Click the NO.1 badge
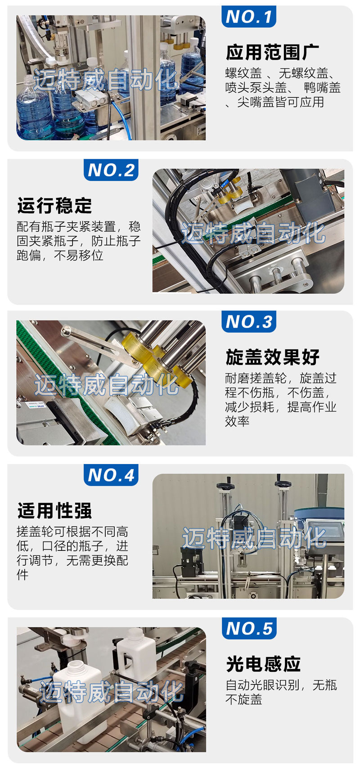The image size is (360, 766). pyautogui.click(x=248, y=16)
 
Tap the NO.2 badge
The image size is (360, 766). pyautogui.click(x=111, y=170)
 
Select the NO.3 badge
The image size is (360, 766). pyautogui.click(x=248, y=321)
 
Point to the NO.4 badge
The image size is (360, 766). pyautogui.click(x=111, y=475)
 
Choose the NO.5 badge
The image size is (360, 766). pyautogui.click(x=249, y=628)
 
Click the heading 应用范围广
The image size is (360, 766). pyautogui.click(x=272, y=52)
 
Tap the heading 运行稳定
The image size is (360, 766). pyautogui.click(x=54, y=206)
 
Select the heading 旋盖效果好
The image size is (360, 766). pyautogui.click(x=272, y=357)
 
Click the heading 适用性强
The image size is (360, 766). pyautogui.click(x=54, y=510)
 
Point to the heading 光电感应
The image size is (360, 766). pyautogui.click(x=263, y=664)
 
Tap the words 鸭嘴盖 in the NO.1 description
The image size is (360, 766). pyautogui.click(x=322, y=88)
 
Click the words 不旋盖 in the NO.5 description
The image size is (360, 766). pyautogui.click(x=244, y=700)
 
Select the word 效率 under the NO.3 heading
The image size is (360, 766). pyautogui.click(x=237, y=421)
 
